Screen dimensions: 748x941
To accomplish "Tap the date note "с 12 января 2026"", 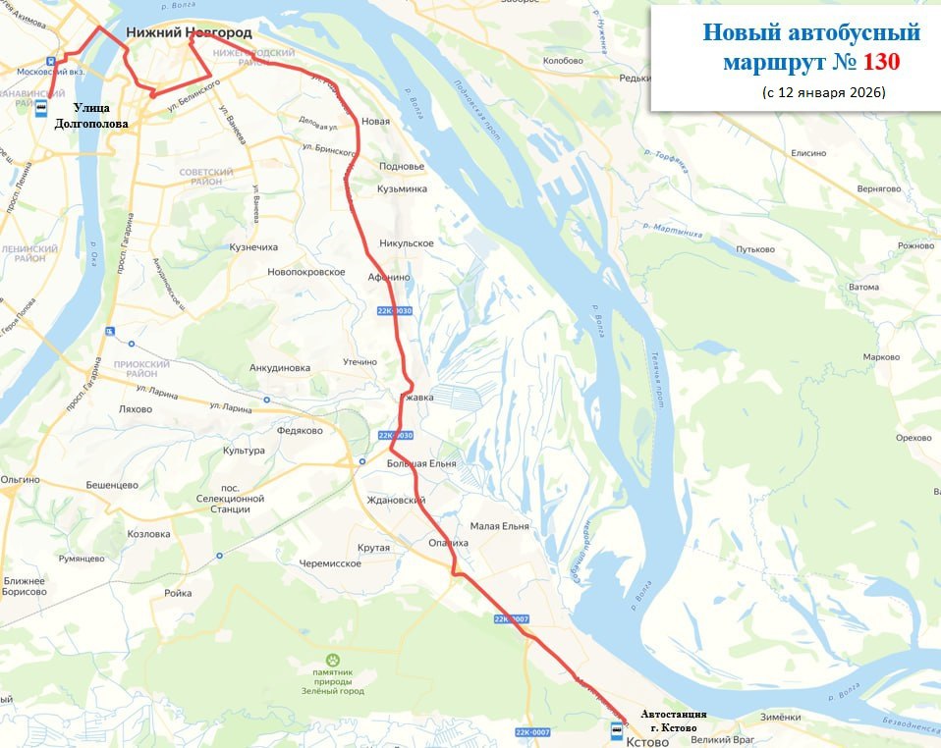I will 823,92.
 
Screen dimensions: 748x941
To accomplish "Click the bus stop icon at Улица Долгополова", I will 42,107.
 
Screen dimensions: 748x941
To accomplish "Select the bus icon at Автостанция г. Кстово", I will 616,730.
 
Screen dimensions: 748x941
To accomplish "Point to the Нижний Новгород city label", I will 189,32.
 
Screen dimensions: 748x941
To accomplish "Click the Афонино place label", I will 388,278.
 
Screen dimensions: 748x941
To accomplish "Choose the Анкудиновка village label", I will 280,368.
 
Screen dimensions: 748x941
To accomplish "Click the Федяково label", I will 301,430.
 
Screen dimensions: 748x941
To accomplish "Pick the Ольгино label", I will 20,479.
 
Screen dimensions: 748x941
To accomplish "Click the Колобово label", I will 563,61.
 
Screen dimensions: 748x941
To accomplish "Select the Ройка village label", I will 178,593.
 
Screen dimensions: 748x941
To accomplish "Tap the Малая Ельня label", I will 499,526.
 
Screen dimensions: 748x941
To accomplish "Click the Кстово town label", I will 646,741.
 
